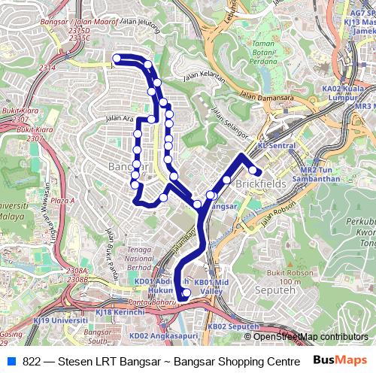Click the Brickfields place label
click(259, 183)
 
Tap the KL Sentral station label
click(276, 145)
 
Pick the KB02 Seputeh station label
click(233, 327)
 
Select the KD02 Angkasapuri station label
click(153, 336)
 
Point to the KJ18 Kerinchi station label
click(120, 311)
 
